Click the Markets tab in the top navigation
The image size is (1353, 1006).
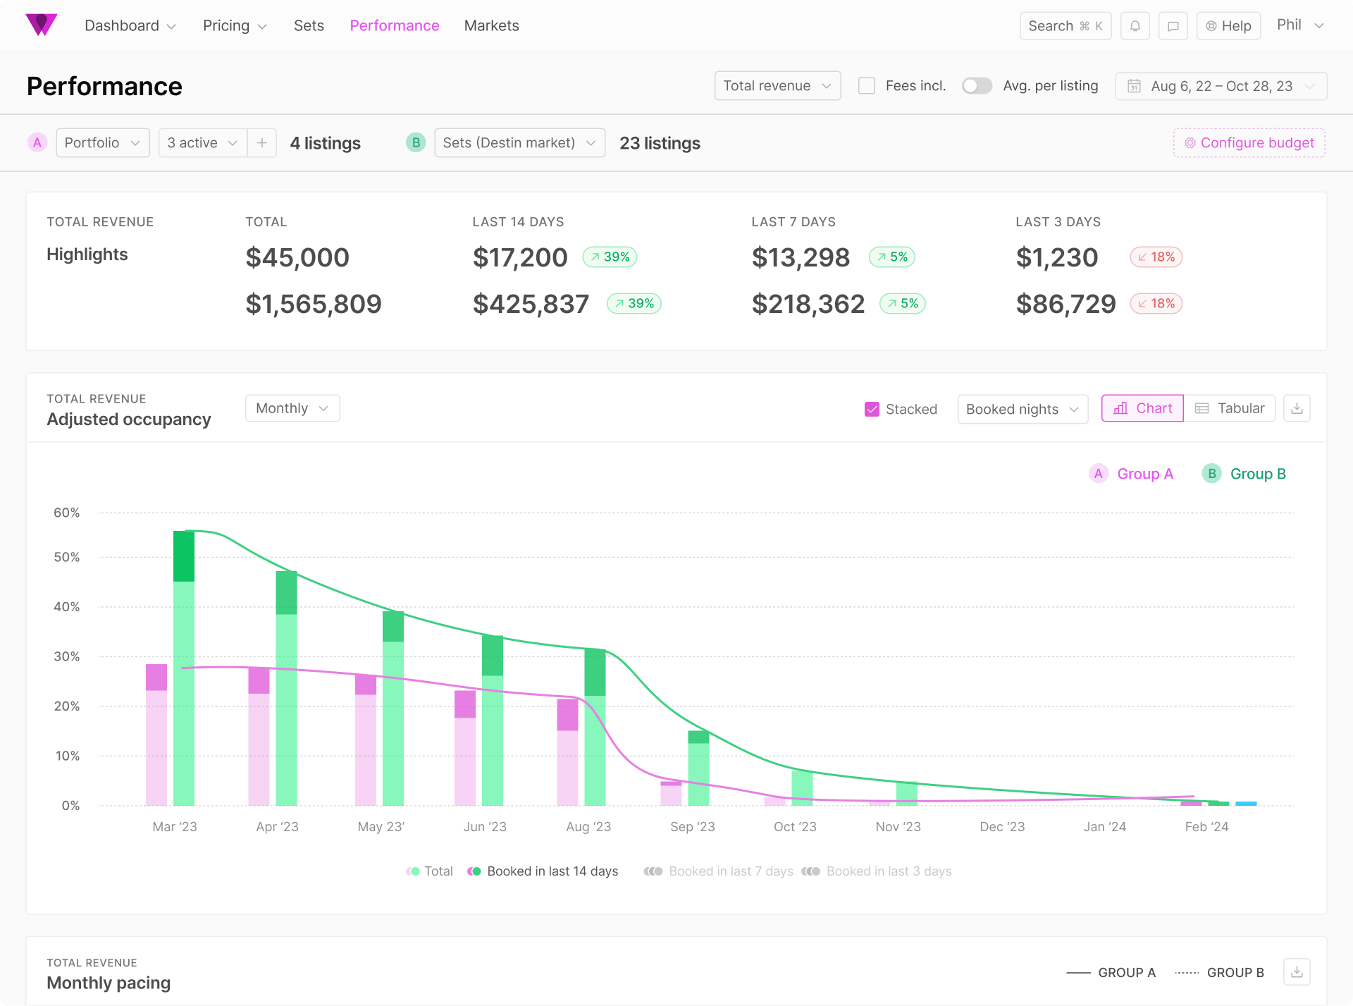(x=491, y=26)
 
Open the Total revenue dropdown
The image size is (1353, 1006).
(x=777, y=86)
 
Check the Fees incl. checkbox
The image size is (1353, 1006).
(x=867, y=86)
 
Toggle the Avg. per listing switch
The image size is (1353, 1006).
(x=977, y=86)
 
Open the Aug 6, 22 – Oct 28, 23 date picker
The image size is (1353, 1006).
(x=1221, y=86)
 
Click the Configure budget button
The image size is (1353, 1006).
(x=1249, y=143)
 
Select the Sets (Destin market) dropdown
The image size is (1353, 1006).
(x=519, y=143)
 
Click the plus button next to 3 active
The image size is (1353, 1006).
(x=262, y=143)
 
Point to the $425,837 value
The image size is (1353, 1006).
(x=531, y=304)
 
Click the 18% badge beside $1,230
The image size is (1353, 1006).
(x=1156, y=257)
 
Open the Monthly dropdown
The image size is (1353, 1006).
(x=292, y=409)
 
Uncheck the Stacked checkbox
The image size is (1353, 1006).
(x=872, y=410)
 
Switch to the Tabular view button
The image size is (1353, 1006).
(x=1230, y=409)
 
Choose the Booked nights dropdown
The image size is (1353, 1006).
(x=1022, y=410)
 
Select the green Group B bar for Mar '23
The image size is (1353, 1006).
(x=184, y=670)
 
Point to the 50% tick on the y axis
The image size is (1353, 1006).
(x=67, y=558)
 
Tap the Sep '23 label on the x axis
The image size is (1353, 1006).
(x=692, y=827)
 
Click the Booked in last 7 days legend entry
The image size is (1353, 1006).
(x=719, y=871)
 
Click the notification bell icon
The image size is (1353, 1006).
(x=1135, y=26)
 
